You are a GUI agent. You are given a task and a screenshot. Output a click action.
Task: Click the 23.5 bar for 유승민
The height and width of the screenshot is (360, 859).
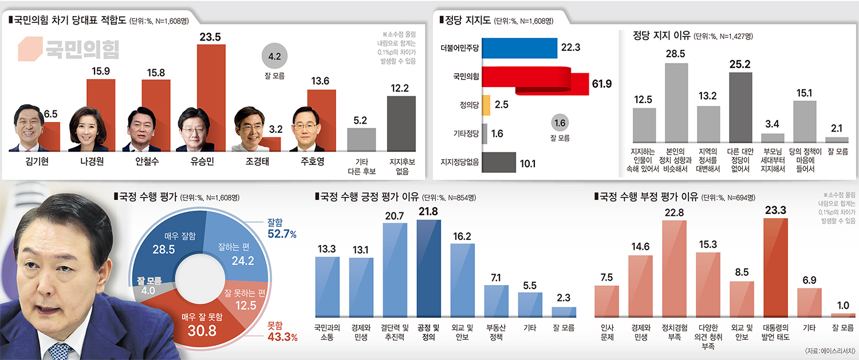point(211,97)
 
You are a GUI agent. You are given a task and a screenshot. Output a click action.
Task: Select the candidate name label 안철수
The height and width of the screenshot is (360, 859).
point(147,161)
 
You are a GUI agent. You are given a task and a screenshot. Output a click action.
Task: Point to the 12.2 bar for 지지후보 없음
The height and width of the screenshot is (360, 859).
point(401,123)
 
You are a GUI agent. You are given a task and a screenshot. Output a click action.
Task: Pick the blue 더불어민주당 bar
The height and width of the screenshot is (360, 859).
point(520,48)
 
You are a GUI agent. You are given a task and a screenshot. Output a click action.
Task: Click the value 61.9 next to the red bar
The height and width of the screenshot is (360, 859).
point(601,84)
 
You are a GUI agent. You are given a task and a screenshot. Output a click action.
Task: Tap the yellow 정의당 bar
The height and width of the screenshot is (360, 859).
point(486,105)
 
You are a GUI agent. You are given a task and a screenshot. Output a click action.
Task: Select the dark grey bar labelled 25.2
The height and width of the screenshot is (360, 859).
point(740,107)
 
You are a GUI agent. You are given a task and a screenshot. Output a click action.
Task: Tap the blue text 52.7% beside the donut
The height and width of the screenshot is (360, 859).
point(281,234)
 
